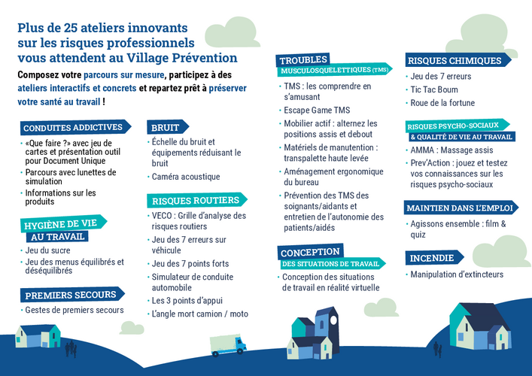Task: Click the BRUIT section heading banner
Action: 168,127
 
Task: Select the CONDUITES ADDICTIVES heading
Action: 75,127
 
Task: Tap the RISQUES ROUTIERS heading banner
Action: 197,200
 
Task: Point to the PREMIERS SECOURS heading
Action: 72,295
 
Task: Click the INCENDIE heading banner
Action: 434,258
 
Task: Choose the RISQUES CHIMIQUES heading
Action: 458,60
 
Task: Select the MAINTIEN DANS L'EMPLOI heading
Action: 461,208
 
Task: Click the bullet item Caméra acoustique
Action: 186,177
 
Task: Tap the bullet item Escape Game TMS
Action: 317,111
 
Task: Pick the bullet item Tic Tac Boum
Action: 434,89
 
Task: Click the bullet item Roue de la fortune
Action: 442,103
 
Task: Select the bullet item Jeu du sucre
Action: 47,250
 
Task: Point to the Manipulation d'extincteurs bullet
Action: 457,274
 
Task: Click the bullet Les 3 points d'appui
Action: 187,301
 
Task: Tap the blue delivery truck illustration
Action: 228,345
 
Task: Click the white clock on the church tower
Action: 334,320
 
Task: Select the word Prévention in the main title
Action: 205,58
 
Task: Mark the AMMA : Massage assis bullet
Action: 451,150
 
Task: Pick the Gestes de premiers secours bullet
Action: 74,310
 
